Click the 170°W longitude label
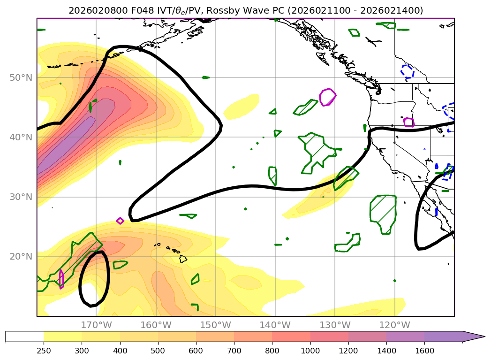(96, 325)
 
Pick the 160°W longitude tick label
(156, 325)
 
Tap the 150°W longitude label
(215, 325)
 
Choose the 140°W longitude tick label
(275, 325)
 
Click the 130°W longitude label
(334, 325)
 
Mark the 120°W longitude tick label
(394, 325)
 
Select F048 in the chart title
(141, 10)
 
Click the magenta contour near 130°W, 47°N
(328, 97)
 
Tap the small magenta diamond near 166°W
(120, 221)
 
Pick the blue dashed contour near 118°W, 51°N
(407, 71)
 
